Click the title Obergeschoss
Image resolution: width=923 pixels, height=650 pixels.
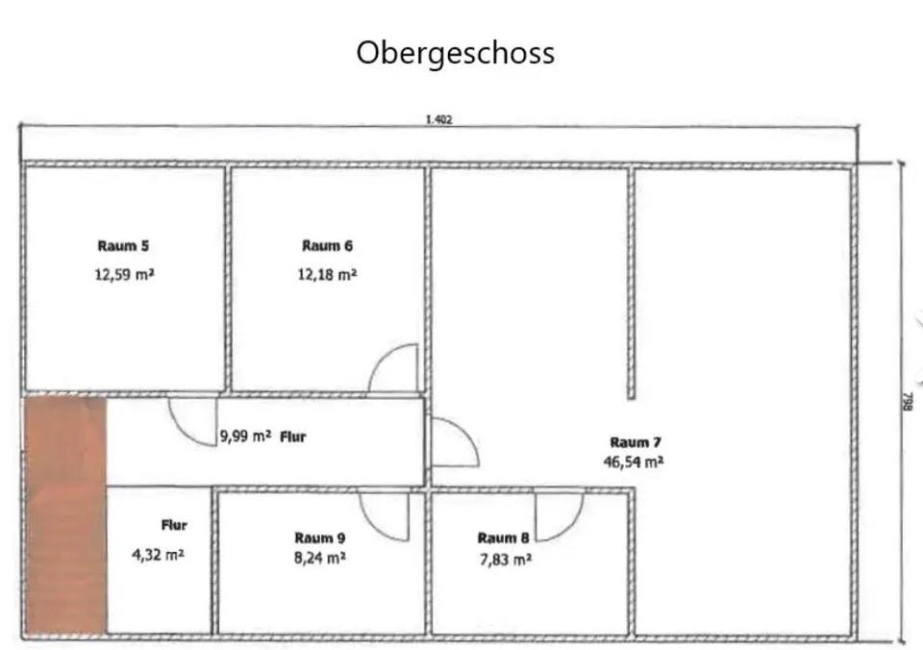[x=455, y=52]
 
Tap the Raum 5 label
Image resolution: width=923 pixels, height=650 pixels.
[x=123, y=246]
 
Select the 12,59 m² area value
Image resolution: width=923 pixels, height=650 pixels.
[x=125, y=274]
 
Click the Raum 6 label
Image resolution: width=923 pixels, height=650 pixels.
[x=327, y=246]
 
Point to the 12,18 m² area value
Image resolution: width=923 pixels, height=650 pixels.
[x=327, y=274]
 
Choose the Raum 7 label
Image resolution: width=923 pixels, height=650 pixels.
[x=636, y=442]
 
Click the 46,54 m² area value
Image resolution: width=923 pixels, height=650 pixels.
[x=634, y=462]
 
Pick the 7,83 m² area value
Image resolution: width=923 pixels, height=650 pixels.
[x=504, y=559]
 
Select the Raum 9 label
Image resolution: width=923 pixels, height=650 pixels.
[x=320, y=537]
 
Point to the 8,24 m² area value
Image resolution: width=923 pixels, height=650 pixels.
[x=320, y=557]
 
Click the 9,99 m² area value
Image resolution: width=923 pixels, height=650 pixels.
[x=245, y=436]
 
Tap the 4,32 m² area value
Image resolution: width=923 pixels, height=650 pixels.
[x=158, y=555]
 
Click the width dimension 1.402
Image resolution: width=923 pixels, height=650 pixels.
[x=438, y=120]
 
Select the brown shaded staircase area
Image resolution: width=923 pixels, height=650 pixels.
[x=65, y=514]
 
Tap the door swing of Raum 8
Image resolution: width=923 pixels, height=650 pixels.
[x=558, y=516]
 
